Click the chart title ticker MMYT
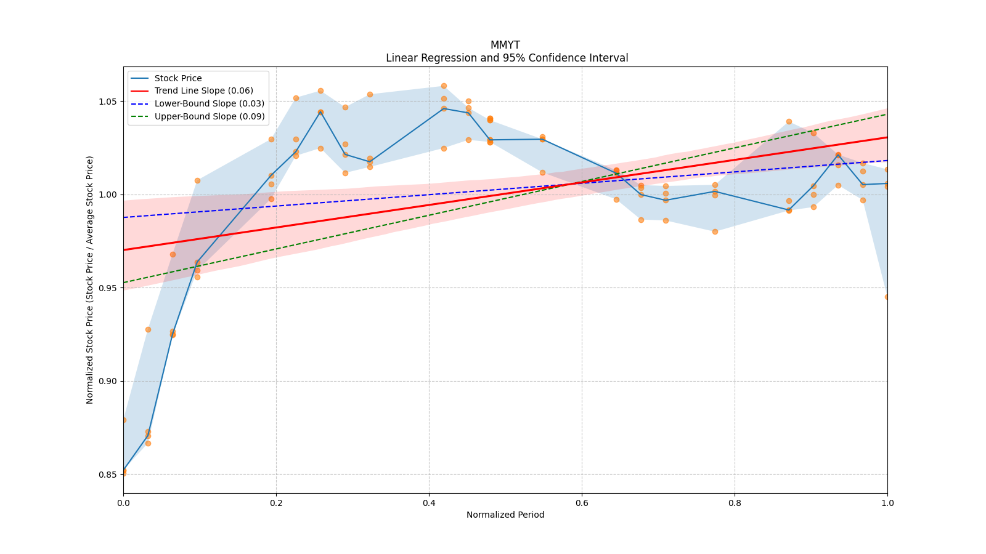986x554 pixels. [505, 45]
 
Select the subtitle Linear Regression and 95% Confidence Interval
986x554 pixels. [507, 58]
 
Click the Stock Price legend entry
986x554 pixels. [177, 78]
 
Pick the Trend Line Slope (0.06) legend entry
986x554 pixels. [203, 91]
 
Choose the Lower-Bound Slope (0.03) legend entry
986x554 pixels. [209, 103]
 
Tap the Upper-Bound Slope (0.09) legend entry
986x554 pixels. [210, 116]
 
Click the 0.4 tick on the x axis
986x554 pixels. [429, 503]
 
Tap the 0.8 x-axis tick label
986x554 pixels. [735, 503]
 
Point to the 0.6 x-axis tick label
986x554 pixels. [582, 503]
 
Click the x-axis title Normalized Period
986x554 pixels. [505, 515]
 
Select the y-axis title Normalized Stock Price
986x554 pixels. [90, 279]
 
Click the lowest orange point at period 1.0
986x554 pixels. [887, 297]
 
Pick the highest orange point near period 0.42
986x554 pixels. [444, 86]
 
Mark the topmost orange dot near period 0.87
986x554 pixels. [789, 121]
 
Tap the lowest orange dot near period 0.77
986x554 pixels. [715, 231]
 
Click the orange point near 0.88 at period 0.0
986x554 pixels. [123, 420]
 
